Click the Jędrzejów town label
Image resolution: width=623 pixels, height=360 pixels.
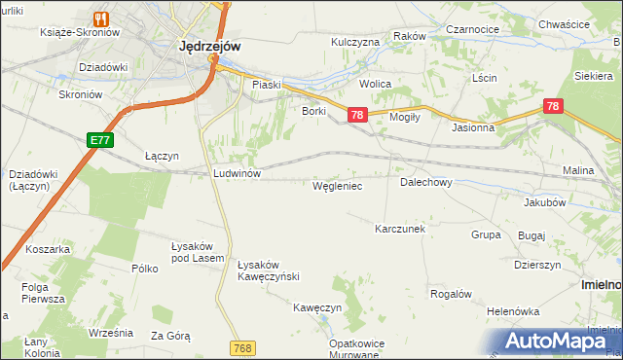click(x=210, y=45)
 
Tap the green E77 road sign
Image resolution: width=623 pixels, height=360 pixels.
click(x=99, y=140)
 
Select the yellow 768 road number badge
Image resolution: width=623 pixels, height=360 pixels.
click(x=244, y=347)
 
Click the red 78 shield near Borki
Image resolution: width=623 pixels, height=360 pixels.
click(x=357, y=116)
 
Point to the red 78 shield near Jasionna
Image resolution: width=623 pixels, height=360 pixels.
click(x=553, y=106)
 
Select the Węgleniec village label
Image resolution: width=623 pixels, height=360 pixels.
click(x=337, y=185)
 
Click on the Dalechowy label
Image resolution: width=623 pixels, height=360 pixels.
click(x=425, y=182)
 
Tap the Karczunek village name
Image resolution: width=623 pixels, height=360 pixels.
click(x=400, y=229)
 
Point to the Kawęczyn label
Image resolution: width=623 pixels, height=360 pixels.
click(x=317, y=307)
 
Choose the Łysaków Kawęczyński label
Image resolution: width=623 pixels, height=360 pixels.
click(x=268, y=270)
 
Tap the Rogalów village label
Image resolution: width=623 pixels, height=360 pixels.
click(x=451, y=294)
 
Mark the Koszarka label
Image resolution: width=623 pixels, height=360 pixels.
click(x=48, y=249)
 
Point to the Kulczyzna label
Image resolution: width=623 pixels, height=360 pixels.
click(x=355, y=43)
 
